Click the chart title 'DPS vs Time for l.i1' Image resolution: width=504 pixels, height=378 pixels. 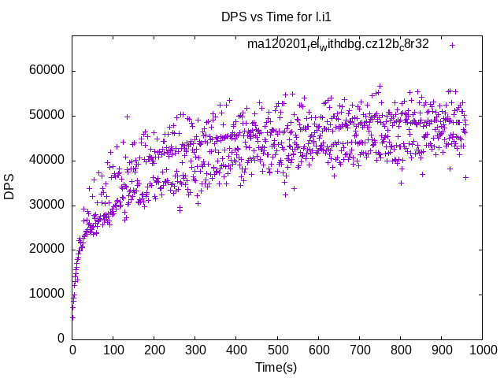point(276,16)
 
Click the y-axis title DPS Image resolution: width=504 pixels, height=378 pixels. point(9,187)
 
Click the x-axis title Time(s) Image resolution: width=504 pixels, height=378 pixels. point(276,367)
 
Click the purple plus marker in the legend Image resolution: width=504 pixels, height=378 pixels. point(453,45)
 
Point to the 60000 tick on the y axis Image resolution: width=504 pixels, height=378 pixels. point(46,71)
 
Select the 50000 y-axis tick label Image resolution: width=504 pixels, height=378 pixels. point(46,116)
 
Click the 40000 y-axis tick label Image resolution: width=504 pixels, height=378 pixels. point(46,161)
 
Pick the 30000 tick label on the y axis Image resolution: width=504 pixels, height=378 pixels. point(46,205)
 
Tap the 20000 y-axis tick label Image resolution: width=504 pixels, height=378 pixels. point(46,250)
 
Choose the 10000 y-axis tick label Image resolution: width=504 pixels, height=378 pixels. point(46,294)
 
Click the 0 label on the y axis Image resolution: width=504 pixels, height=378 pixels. point(61,339)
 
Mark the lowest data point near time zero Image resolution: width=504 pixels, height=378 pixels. point(72,317)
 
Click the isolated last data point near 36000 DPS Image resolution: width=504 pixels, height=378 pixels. point(465,177)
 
